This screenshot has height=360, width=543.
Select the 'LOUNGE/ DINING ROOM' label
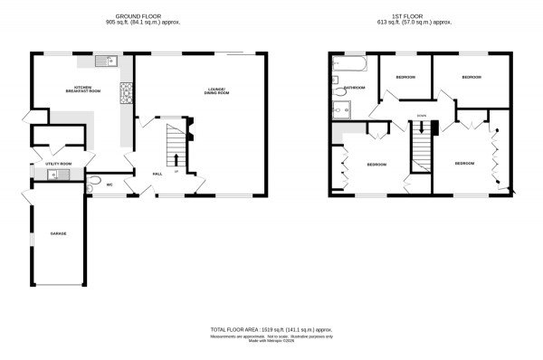(x=217, y=90)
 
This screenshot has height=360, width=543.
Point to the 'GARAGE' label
(x=59, y=234)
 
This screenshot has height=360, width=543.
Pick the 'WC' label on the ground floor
(x=109, y=185)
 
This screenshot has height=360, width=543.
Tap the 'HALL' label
(x=157, y=173)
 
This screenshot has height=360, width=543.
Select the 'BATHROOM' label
(x=354, y=88)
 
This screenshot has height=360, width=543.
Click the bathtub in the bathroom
(x=348, y=65)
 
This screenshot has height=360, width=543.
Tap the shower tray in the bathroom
(x=341, y=109)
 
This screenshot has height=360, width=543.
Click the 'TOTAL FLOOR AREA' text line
(x=271, y=330)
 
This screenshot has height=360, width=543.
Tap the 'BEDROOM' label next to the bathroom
(x=405, y=78)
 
